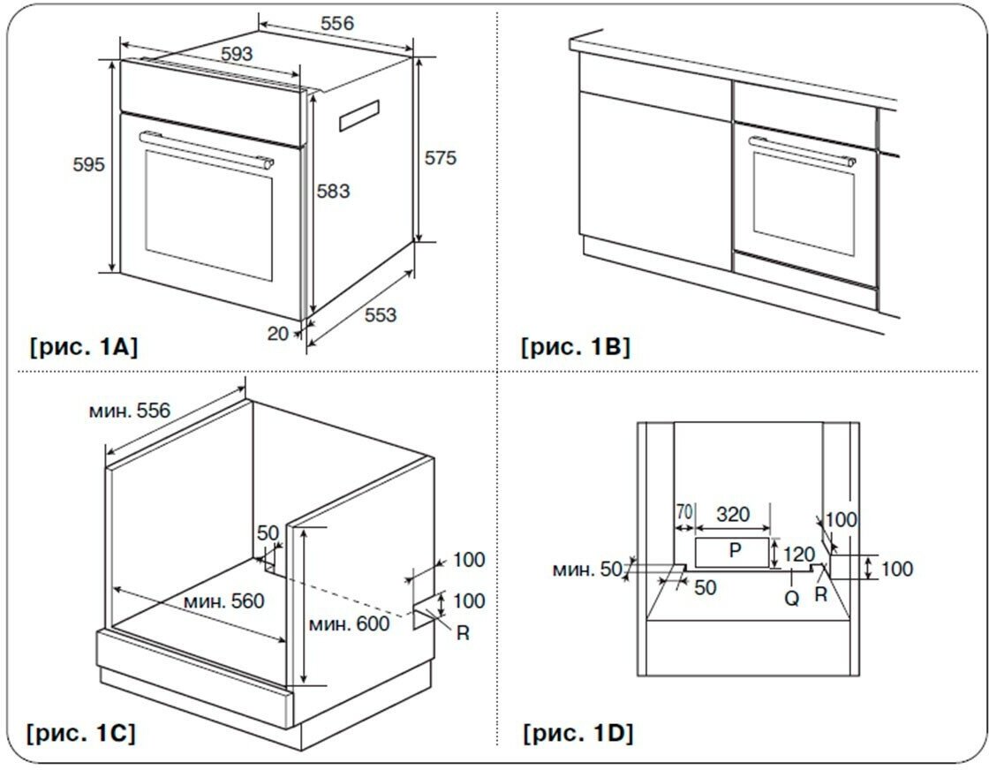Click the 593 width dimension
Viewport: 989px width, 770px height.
[237, 54]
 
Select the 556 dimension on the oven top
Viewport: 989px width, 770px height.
[336, 24]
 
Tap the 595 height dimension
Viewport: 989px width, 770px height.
[88, 164]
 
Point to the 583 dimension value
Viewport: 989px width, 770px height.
[333, 191]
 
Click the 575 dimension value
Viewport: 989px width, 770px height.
[441, 158]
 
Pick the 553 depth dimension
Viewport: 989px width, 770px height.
[381, 314]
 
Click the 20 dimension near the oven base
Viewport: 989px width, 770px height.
[278, 334]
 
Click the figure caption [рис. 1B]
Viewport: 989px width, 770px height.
[576, 347]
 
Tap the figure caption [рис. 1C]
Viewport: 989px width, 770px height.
[82, 733]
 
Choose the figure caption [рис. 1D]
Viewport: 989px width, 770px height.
[578, 733]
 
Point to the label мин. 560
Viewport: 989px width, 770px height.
[224, 601]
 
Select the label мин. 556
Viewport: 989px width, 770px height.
[130, 411]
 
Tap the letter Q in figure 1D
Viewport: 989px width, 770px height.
[792, 598]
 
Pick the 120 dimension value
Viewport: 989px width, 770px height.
[798, 555]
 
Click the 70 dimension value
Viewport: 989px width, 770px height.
[684, 512]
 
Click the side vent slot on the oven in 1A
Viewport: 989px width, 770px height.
[359, 116]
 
